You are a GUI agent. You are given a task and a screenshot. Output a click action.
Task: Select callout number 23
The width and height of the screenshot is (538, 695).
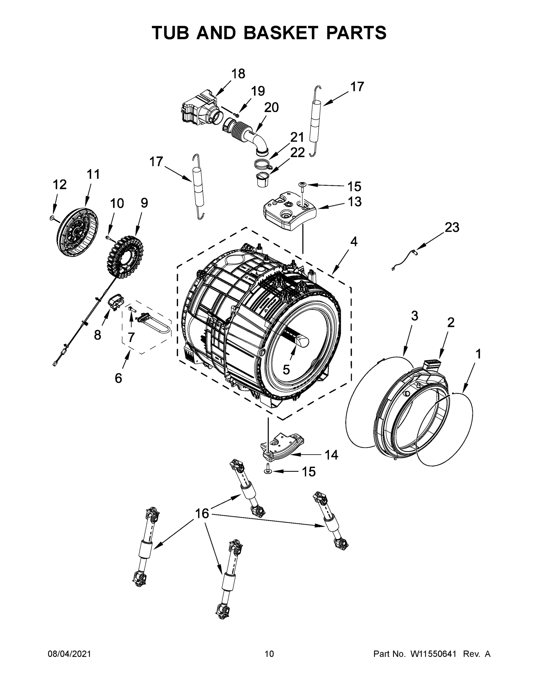pyautogui.click(x=452, y=227)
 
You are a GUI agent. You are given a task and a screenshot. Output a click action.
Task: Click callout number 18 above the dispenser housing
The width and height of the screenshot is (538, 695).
pyautogui.click(x=238, y=74)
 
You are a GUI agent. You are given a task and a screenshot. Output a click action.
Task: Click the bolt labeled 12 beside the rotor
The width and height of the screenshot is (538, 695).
pyautogui.click(x=52, y=218)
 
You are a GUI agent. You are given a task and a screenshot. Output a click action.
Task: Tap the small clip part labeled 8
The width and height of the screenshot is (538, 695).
pyautogui.click(x=116, y=301)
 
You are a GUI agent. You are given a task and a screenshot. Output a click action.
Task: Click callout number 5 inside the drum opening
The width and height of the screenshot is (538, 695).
pyautogui.click(x=286, y=370)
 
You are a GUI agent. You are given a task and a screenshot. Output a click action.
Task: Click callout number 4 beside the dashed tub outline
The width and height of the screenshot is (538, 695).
pyautogui.click(x=354, y=242)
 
